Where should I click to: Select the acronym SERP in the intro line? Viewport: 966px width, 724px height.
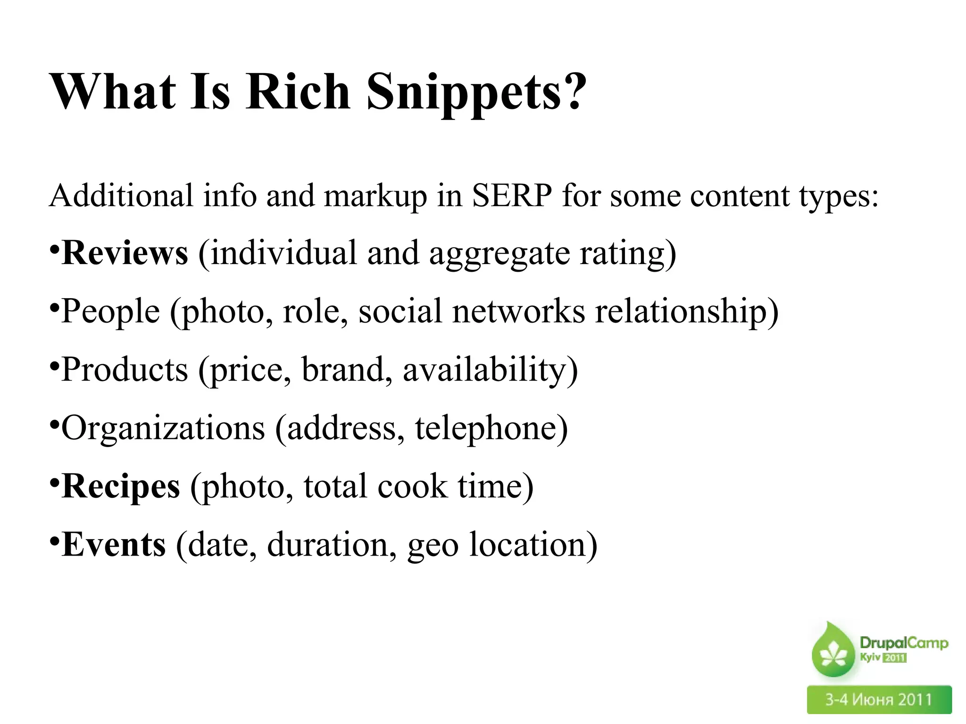pyautogui.click(x=512, y=196)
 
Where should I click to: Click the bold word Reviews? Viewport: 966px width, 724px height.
pyautogui.click(x=125, y=253)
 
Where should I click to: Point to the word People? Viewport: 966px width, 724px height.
pyautogui.click(x=111, y=311)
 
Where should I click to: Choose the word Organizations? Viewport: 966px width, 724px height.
pyautogui.click(x=163, y=428)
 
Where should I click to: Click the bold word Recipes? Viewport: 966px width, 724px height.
pyautogui.click(x=121, y=486)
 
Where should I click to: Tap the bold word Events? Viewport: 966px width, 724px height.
pyautogui.click(x=114, y=545)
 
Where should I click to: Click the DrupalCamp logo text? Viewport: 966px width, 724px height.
pyautogui.click(x=903, y=642)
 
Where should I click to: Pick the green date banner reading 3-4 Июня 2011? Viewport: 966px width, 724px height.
pyautogui.click(x=879, y=699)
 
